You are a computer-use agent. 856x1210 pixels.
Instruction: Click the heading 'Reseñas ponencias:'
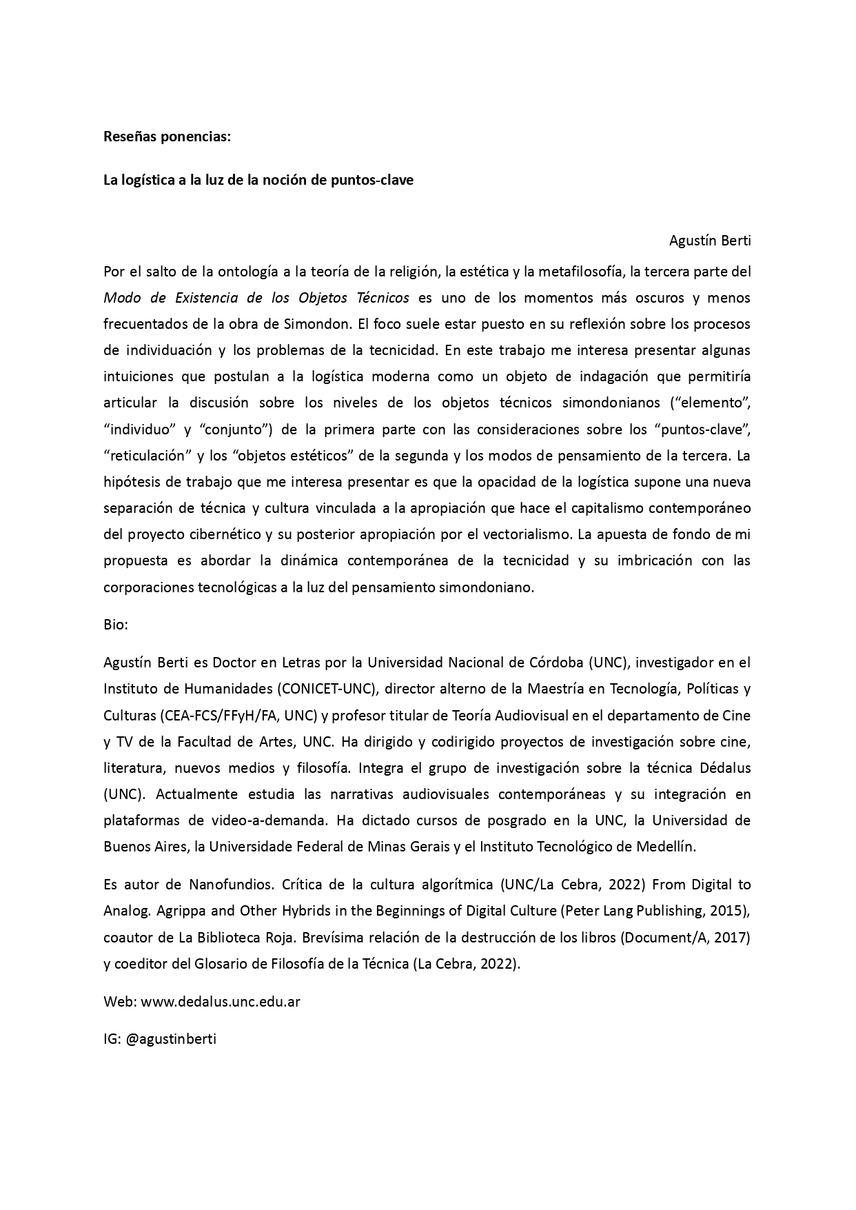click(167, 137)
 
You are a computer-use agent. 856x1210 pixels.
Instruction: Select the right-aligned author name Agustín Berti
click(709, 241)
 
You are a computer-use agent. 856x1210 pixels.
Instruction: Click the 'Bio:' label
click(116, 625)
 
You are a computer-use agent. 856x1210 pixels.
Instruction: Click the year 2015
click(730, 910)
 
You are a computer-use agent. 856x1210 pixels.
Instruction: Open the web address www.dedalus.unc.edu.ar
click(221, 1002)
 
